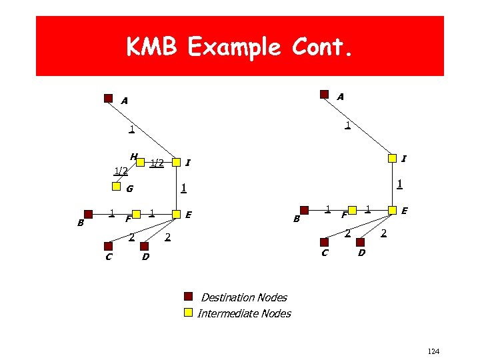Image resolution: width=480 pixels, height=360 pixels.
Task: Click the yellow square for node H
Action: pos(141,161)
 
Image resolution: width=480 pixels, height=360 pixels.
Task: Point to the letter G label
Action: pos(129,189)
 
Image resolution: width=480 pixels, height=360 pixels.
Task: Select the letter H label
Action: pos(134,157)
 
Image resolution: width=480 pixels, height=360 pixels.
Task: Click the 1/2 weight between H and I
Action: pos(157,162)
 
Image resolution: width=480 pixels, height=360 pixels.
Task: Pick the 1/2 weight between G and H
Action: pos(121,171)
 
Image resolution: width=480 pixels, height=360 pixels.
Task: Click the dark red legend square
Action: pos(189,297)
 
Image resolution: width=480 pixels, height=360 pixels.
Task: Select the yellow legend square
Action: pos(189,312)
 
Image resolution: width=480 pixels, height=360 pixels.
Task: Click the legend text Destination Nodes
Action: pos(244,297)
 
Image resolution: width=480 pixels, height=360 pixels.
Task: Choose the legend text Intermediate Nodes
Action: pos(244,313)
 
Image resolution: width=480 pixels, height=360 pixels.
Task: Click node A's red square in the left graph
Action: pos(109,98)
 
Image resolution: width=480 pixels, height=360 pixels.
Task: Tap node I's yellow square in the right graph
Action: pos(393,158)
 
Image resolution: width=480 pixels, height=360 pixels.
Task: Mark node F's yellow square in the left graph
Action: pos(136,214)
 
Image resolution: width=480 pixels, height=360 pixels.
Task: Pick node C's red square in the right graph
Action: pos(325,243)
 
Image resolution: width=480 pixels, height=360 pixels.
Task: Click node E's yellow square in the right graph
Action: pos(393,211)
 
